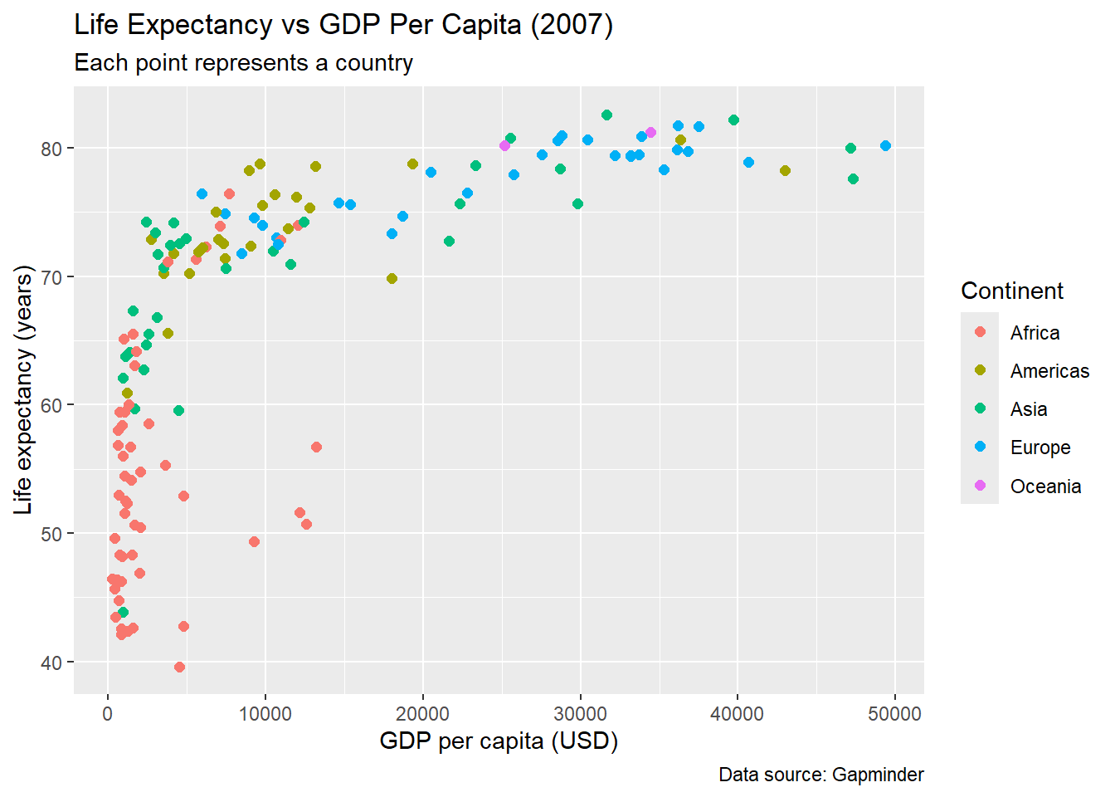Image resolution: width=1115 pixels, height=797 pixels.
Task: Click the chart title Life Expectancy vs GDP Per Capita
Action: [343, 25]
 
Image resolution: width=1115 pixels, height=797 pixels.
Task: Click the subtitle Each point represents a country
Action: [243, 63]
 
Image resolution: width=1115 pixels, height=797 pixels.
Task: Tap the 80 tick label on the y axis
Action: [51, 149]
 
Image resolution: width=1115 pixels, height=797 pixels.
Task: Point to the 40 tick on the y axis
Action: [51, 663]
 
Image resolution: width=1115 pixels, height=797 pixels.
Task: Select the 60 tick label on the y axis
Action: [51, 405]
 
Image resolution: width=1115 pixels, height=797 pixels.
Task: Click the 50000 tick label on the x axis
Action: [894, 714]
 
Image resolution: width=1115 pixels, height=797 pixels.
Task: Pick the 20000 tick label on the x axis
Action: [422, 714]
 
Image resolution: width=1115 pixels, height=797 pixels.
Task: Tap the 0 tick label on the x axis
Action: [107, 714]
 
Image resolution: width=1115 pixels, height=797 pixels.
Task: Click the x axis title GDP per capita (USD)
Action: [499, 741]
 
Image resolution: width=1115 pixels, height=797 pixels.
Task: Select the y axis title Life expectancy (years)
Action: [23, 390]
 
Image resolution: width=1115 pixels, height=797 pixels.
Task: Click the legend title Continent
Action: [1011, 291]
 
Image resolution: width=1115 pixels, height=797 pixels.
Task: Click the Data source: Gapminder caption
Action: [820, 775]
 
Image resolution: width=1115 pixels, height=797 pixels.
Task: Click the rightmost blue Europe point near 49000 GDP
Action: [885, 146]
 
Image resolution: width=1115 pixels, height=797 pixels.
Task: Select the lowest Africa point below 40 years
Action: [179, 667]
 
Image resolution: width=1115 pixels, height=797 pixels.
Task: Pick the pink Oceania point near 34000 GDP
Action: [650, 132]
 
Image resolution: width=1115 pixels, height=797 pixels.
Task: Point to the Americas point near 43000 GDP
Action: [785, 170]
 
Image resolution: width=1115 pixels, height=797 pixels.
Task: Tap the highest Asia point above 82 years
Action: [606, 115]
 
